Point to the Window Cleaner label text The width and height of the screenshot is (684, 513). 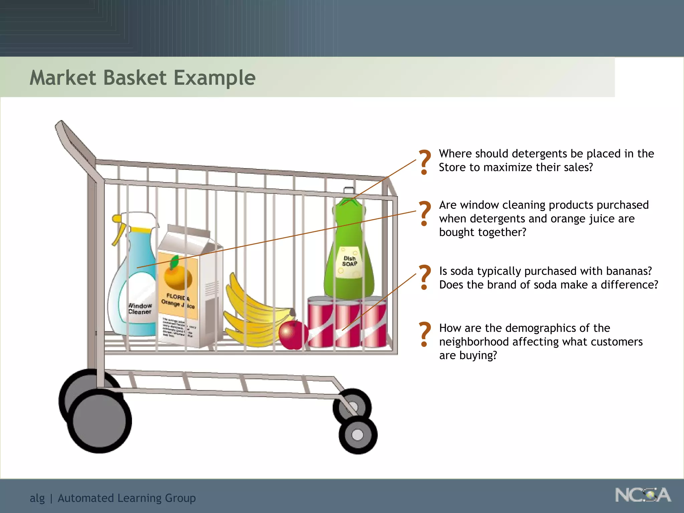click(140, 309)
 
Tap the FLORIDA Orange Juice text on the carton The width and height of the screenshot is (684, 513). click(178, 302)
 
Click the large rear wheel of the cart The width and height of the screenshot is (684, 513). click(99, 421)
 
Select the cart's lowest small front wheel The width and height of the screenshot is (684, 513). click(358, 435)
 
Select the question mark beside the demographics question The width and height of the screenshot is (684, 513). click(425, 334)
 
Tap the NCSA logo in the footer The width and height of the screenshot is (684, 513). click(643, 495)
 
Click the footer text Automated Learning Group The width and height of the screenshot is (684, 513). click(127, 498)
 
